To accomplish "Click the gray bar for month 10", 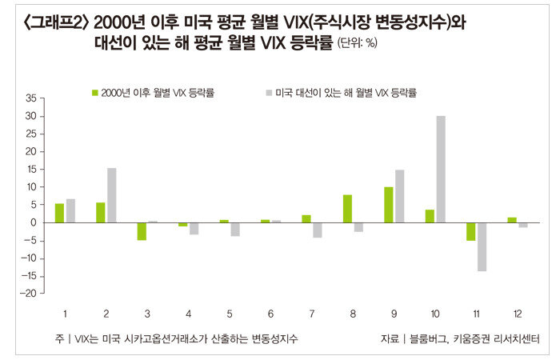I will (x=441, y=169).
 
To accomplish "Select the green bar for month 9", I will (x=388, y=205).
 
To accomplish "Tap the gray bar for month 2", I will (x=112, y=195).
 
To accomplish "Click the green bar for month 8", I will (x=347, y=209).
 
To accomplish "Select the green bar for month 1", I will (x=59, y=213).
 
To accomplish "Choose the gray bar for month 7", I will (x=318, y=230).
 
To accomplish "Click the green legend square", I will (x=95, y=93).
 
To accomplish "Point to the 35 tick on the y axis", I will (x=31, y=98).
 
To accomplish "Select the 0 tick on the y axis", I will (x=34, y=222).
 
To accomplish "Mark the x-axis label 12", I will (x=518, y=313).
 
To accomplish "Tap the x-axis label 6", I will (x=270, y=313).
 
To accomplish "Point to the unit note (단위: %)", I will (x=357, y=42).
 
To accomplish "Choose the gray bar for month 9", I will (x=400, y=196).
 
